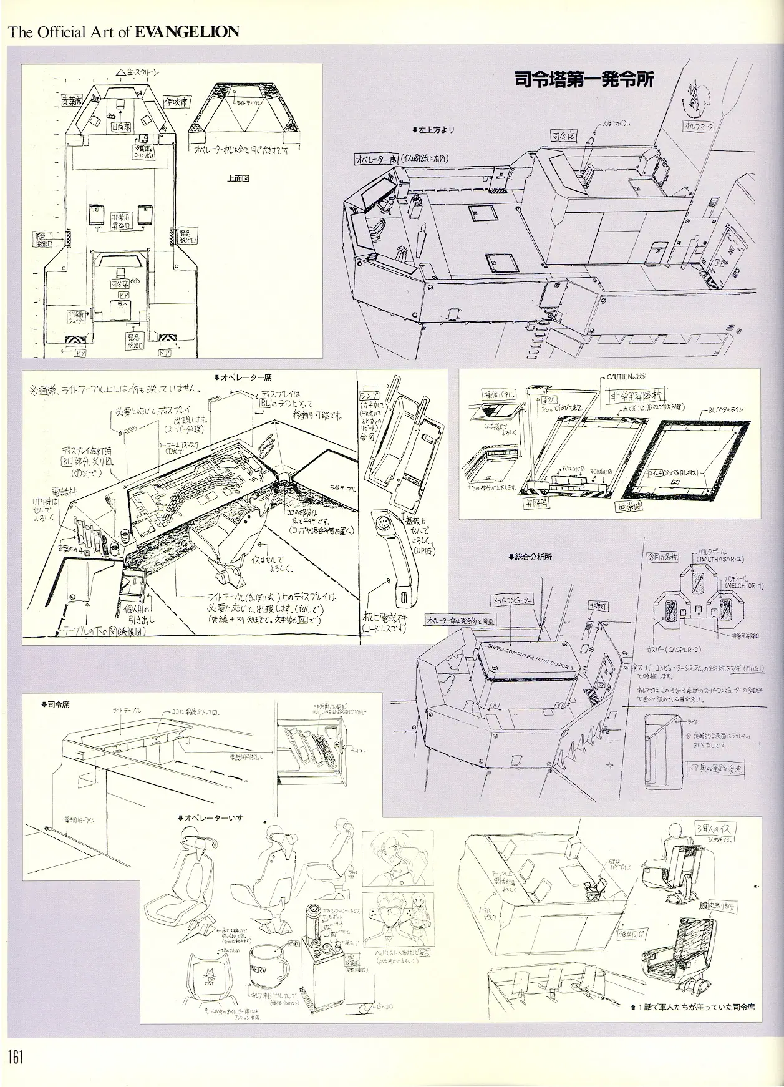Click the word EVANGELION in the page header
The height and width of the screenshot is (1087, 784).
(186, 32)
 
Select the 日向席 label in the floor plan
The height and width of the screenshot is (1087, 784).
(120, 127)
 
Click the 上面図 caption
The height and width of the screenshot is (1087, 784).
(238, 178)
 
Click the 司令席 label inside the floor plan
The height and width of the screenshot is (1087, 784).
(117, 283)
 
